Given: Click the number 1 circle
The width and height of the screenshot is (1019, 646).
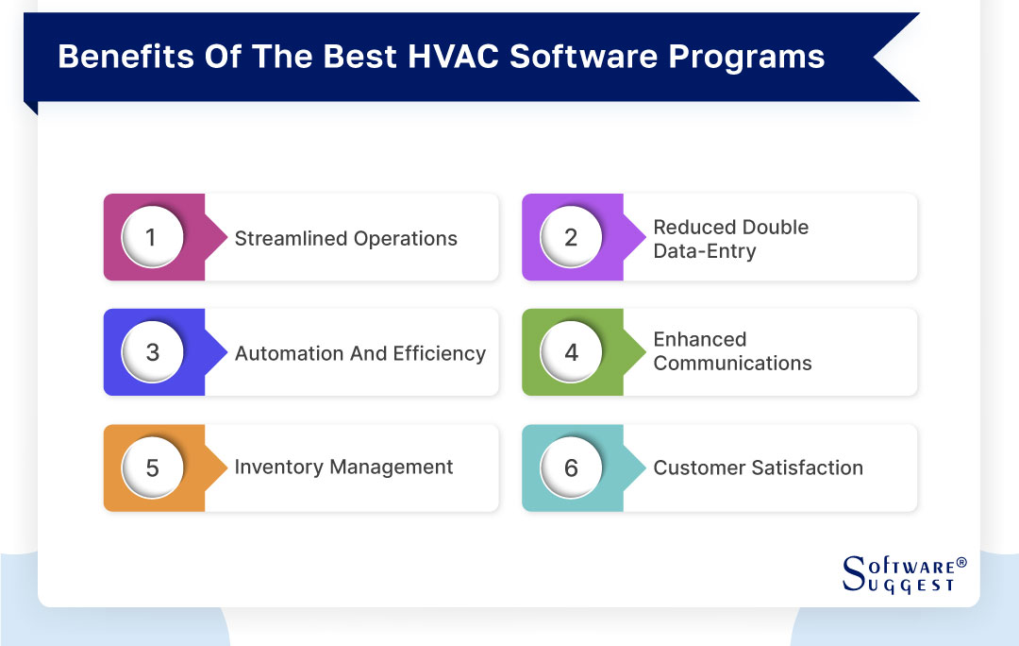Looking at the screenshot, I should [x=152, y=237].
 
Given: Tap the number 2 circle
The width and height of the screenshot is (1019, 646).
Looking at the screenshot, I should [x=571, y=237].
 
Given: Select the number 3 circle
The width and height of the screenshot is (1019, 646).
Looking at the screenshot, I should [x=152, y=352].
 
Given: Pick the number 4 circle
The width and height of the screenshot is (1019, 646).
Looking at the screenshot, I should [x=571, y=352].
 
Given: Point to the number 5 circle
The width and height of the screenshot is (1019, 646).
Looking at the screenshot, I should [x=152, y=467].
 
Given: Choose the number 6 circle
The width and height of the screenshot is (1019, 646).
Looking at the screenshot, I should [x=571, y=467].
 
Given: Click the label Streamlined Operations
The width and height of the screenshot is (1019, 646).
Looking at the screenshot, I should [x=345, y=239].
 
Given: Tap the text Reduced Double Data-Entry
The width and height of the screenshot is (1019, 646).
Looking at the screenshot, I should [x=730, y=239].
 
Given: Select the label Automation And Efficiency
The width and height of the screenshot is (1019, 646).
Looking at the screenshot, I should [x=359, y=354].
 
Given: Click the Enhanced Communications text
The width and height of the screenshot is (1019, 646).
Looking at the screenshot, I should [x=732, y=351].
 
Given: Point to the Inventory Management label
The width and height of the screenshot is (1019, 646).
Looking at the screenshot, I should [x=343, y=467].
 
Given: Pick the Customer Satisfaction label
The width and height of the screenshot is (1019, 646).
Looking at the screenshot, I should [x=758, y=467].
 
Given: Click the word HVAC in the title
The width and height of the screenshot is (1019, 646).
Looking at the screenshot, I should [x=455, y=57].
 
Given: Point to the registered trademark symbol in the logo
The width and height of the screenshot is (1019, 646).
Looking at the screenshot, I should [x=961, y=563].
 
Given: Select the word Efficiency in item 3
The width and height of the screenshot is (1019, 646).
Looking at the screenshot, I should [x=440, y=354].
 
